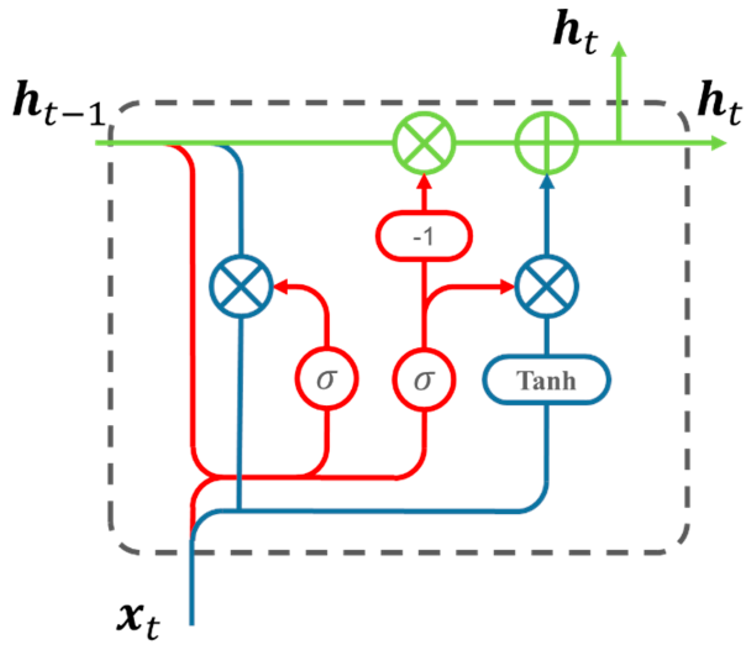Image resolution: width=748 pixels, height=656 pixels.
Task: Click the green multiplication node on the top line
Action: pyautogui.click(x=424, y=143)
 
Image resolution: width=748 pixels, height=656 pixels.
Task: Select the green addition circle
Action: pyautogui.click(x=547, y=143)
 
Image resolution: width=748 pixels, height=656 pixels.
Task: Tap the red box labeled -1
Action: pyautogui.click(x=424, y=236)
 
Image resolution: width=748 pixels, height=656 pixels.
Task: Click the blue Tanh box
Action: pyautogui.click(x=546, y=380)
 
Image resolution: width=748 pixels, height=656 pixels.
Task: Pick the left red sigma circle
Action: pyautogui.click(x=326, y=379)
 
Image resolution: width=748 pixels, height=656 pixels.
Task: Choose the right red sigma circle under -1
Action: pyautogui.click(x=424, y=379)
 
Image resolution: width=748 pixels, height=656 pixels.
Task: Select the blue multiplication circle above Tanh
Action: pyautogui.click(x=547, y=287)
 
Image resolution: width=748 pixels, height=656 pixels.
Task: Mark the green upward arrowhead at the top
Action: pyautogui.click(x=618, y=49)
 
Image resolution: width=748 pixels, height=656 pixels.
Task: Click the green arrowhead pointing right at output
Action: pyautogui.click(x=718, y=143)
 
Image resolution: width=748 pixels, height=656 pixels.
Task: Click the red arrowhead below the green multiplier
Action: pyautogui.click(x=424, y=182)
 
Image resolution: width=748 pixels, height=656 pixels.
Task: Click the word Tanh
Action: pyautogui.click(x=546, y=381)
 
